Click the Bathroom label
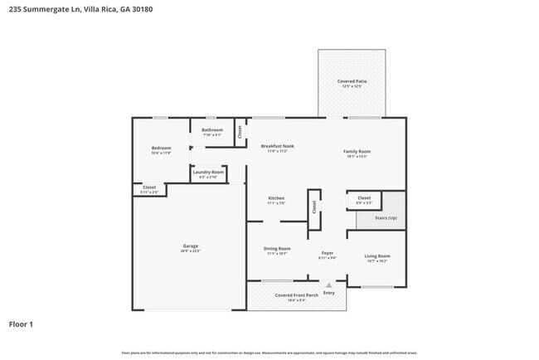(x=212, y=131)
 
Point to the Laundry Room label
(x=208, y=173)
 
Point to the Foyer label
(x=327, y=254)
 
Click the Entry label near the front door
(x=328, y=292)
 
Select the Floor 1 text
(x=22, y=324)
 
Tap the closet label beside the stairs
(x=364, y=199)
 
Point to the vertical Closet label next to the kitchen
(x=314, y=207)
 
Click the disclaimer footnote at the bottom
(x=269, y=352)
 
